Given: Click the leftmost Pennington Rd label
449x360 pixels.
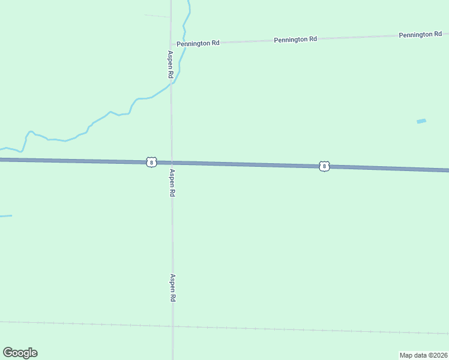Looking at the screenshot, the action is click(x=197, y=43).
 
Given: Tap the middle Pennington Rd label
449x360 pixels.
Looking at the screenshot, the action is click(x=295, y=40).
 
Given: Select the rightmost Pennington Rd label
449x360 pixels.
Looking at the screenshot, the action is click(x=420, y=35).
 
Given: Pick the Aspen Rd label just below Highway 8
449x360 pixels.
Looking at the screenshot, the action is click(x=172, y=183).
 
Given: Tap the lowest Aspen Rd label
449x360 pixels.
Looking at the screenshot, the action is click(x=172, y=288).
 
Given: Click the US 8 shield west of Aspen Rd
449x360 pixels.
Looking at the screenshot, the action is click(x=151, y=162).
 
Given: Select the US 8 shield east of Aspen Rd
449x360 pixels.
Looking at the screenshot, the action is click(x=324, y=166).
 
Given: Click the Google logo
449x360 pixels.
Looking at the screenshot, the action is click(x=20, y=353).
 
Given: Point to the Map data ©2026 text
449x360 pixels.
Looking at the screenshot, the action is click(x=423, y=355).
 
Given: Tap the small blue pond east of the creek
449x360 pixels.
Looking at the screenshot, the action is click(x=421, y=121).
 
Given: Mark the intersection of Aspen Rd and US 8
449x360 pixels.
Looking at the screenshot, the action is click(x=171, y=163).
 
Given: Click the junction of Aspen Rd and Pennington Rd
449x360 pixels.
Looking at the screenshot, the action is click(x=170, y=44).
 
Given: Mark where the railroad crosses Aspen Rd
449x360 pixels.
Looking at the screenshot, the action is click(x=173, y=326).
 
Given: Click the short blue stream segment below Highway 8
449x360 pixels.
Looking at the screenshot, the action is click(x=5, y=216).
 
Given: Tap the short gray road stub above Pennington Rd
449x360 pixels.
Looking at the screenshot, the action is click(x=157, y=16).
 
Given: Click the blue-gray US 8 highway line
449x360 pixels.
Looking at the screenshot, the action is click(x=240, y=164).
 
